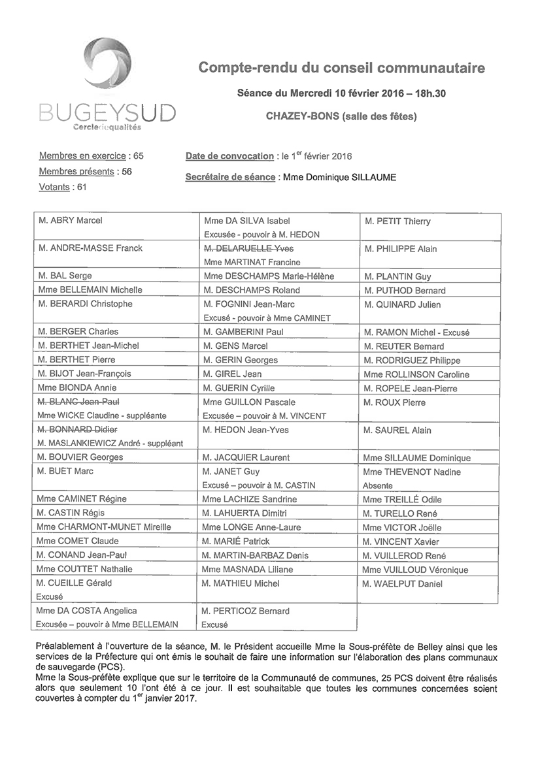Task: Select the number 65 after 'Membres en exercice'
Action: tap(137, 156)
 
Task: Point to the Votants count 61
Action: tap(82, 187)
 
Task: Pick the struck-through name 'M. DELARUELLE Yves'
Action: tap(248, 249)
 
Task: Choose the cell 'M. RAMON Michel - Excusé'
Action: tap(416, 333)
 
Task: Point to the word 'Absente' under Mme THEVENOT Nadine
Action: tap(378, 486)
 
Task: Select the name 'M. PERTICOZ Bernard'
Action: tap(245, 611)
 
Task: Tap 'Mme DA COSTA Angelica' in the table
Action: tap(87, 611)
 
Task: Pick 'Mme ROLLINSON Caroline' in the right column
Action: tap(416, 375)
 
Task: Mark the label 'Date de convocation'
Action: tap(229, 156)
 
